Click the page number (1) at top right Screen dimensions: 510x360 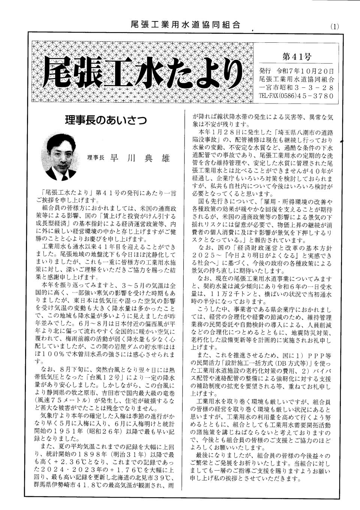334,27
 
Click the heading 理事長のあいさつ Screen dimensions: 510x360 105,121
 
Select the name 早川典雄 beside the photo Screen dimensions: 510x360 137,158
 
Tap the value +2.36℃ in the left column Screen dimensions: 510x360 60,459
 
